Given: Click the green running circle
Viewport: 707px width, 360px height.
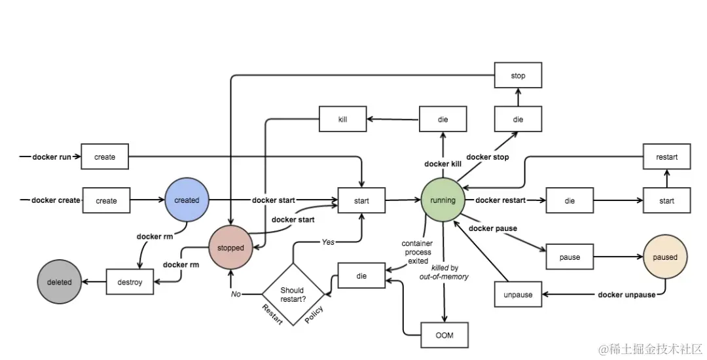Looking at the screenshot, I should tap(443, 200).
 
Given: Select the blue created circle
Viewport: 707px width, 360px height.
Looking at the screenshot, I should tap(187, 200).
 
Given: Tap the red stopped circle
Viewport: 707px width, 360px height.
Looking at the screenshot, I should tap(230, 248).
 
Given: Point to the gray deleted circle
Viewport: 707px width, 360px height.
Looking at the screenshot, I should tap(59, 282).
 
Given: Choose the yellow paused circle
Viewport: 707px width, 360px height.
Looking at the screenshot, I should tap(665, 257).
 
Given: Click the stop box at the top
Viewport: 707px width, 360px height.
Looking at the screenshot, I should tap(518, 76).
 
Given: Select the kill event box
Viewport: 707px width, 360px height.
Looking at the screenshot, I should tap(342, 120).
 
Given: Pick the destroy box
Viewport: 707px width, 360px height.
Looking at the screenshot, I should tap(129, 282).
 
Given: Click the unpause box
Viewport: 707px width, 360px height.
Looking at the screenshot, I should tap(518, 295).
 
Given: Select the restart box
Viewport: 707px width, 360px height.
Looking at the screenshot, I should tap(666, 157).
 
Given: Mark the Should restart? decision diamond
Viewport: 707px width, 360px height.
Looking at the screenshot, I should tap(292, 294).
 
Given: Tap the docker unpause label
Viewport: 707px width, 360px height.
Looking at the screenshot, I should tap(626, 295).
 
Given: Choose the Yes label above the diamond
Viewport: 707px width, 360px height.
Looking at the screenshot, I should tap(327, 242).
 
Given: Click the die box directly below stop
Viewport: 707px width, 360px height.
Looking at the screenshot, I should tap(518, 120).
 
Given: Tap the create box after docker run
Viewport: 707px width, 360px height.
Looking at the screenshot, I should tap(105, 157).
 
